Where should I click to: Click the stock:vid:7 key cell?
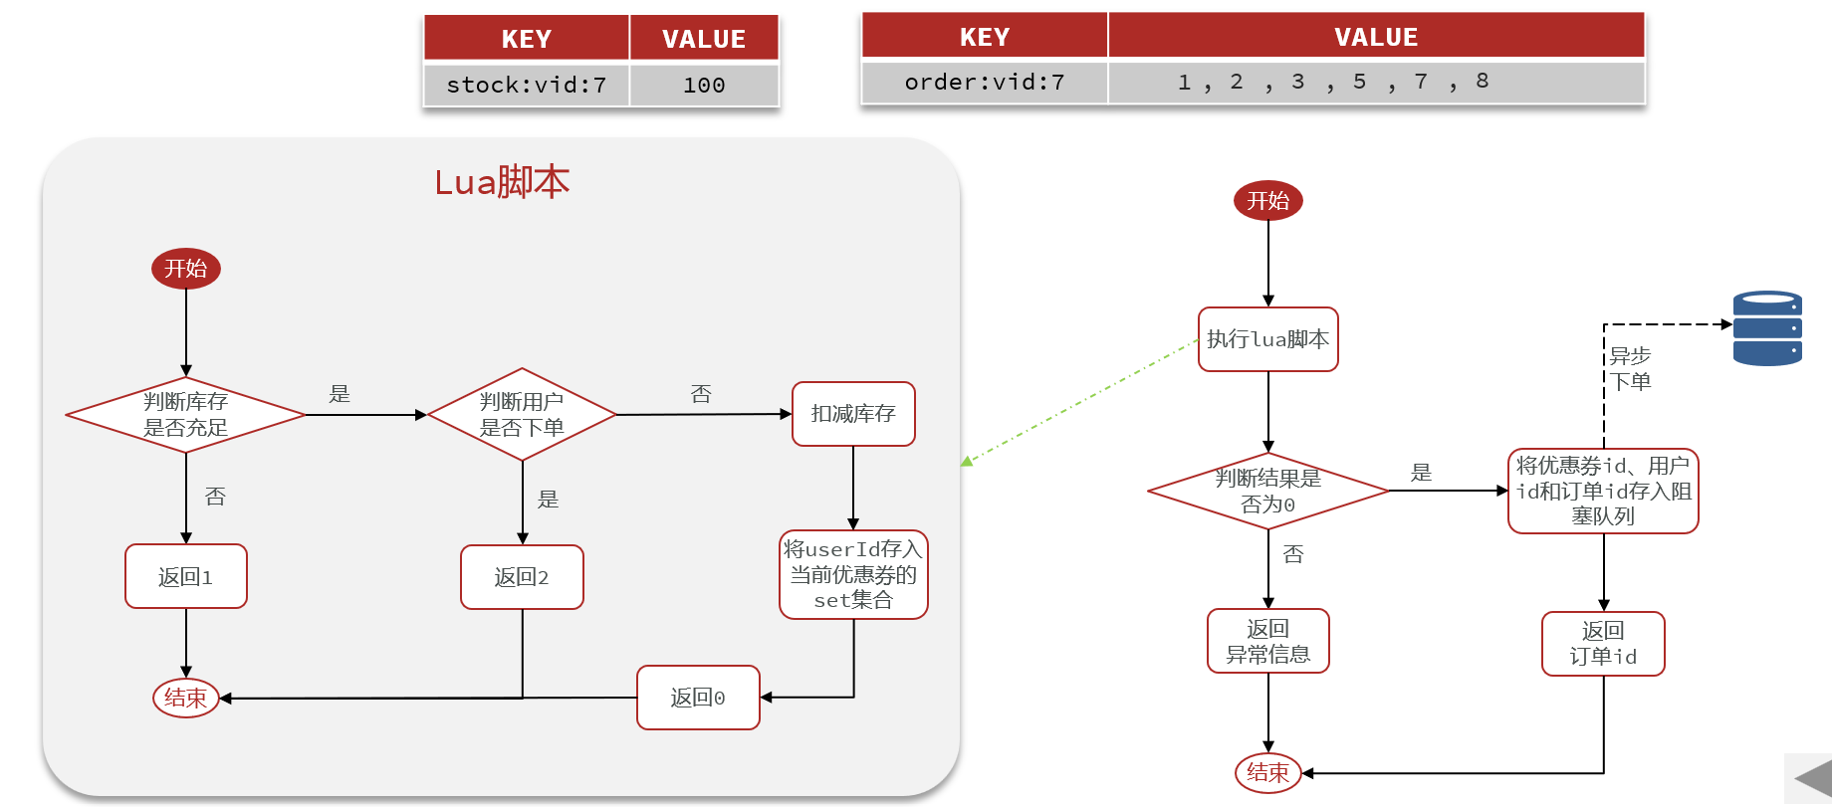pos(526,86)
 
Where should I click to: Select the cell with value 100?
pos(704,86)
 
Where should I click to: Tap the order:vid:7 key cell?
pos(984,83)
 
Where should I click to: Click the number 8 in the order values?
pos(1482,82)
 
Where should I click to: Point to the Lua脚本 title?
pos(502,182)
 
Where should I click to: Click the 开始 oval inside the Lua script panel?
pos(186,269)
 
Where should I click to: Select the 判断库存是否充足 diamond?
pos(186,415)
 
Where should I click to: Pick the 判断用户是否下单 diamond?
pos(522,415)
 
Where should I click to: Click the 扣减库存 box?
pos(853,414)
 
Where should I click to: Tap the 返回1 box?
pos(186,576)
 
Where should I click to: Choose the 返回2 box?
pos(522,577)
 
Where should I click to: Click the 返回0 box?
pos(698,698)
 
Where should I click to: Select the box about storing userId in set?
pos(853,575)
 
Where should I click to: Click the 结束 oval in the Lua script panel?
pos(186,698)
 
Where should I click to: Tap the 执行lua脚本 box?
pos(1267,339)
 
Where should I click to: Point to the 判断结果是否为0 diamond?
pos(1267,492)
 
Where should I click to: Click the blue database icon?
pos(1767,328)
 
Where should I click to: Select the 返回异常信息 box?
pos(1267,642)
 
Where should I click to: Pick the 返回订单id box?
pos(1603,644)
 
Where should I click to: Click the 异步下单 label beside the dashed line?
pos(1630,368)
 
